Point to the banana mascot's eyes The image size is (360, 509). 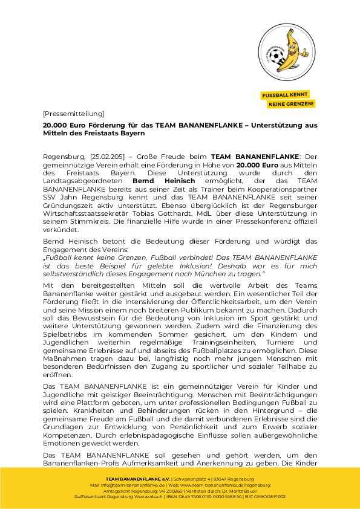tap(288, 44)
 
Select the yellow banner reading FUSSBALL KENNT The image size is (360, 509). tap(285, 95)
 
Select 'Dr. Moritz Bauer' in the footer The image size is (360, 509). tap(233, 490)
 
